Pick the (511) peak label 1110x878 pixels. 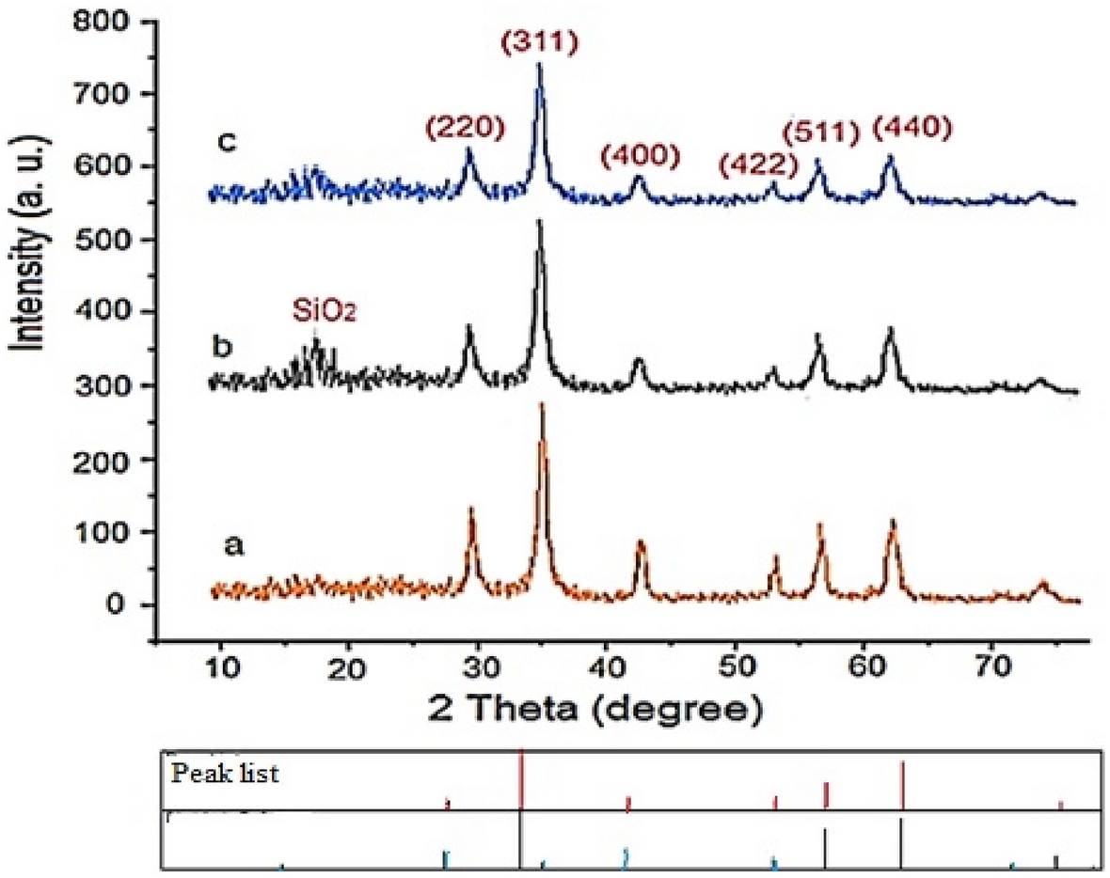824,134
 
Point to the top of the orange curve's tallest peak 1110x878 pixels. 542,404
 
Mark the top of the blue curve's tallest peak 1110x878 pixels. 539,64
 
